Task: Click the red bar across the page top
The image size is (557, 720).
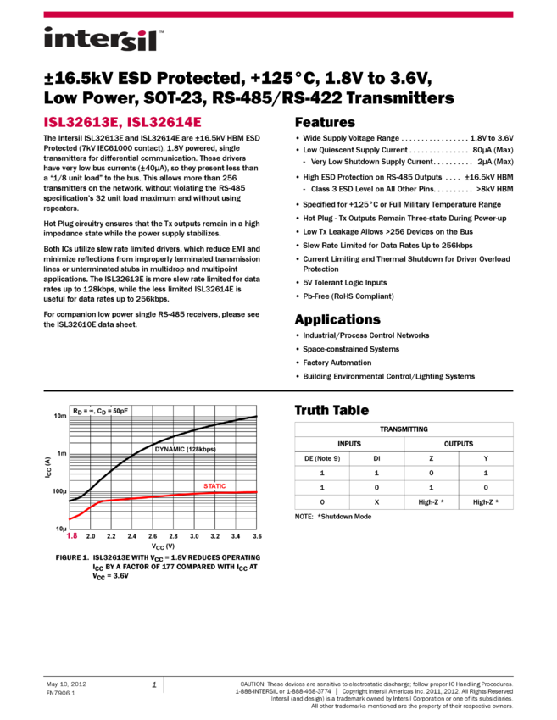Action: tap(278, 14)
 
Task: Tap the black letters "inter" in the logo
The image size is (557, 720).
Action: tap(80, 38)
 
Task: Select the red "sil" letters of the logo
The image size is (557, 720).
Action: tap(139, 41)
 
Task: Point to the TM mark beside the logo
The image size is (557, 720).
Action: tap(161, 31)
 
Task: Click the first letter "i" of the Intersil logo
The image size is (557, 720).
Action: tap(47, 38)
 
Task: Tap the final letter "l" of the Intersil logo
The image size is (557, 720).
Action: tap(154, 40)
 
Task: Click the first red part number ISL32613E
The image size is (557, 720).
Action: tap(81, 122)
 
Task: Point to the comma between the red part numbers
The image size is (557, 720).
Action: tap(122, 125)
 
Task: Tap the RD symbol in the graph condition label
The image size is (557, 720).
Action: tap(76, 412)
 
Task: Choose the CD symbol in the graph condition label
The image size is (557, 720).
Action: tap(102, 412)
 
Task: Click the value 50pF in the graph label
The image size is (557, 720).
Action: tap(120, 411)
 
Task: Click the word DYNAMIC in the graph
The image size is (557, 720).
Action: tap(170, 449)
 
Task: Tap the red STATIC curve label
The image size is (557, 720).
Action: tap(214, 486)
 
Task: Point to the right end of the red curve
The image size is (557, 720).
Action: tap(257, 491)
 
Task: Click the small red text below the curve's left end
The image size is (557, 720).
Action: tap(72, 535)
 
